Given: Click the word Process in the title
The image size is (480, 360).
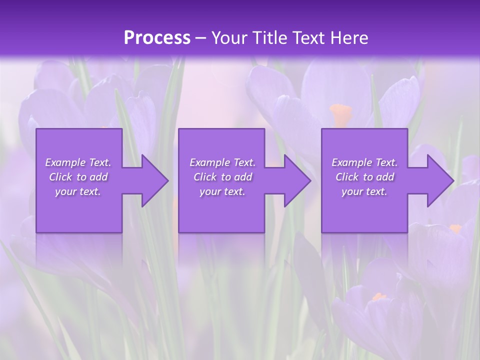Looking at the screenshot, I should tap(157, 37).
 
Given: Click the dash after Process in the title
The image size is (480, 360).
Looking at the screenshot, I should tap(200, 38).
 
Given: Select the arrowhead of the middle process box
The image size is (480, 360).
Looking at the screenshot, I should tap(294, 181).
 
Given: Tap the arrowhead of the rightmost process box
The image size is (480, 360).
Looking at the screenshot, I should tap(437, 181).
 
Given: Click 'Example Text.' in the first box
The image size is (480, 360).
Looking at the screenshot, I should tap(78, 162).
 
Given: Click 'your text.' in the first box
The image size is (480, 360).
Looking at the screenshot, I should tap(78, 191).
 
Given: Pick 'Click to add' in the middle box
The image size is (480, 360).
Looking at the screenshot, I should tap(222, 177).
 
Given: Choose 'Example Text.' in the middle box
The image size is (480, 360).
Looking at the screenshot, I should tap(222, 162).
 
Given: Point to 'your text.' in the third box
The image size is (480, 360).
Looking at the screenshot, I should tap(364, 191).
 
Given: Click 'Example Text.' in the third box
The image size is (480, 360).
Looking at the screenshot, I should tap(364, 162).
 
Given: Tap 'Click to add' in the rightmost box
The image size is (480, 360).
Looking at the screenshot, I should tap(364, 177).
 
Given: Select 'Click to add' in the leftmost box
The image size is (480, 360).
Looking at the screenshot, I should tap(78, 177).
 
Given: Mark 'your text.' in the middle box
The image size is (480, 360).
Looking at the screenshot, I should tap(222, 191).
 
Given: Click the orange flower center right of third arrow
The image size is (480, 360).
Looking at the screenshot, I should tap(455, 228).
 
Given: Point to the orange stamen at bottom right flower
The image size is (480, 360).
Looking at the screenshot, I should tap(379, 297).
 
